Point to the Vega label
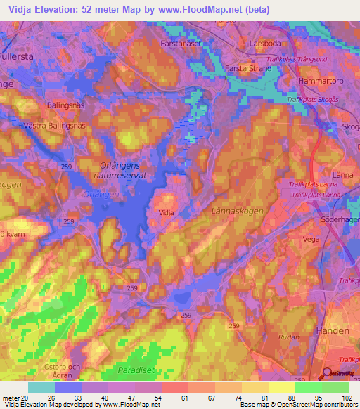coord(309,240)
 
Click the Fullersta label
coord(18,54)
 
